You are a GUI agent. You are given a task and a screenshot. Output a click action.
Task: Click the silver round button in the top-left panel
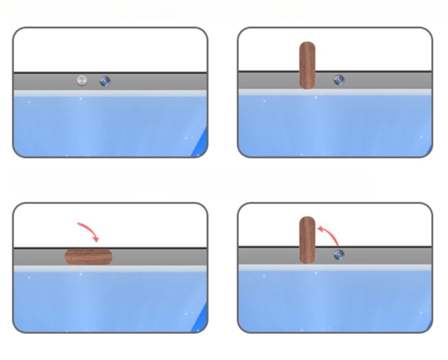(x=82, y=80)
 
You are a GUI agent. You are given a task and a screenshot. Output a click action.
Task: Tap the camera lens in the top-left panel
(x=105, y=81)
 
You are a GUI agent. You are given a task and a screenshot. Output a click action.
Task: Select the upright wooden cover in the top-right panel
(x=307, y=65)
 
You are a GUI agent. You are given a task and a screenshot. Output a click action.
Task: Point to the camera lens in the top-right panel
(x=339, y=80)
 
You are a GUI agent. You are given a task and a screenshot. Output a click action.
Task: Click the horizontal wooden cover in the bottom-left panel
(x=89, y=257)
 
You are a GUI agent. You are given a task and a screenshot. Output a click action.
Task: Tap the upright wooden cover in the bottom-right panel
(x=307, y=240)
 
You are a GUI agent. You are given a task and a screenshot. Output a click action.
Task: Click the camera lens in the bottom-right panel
(x=339, y=255)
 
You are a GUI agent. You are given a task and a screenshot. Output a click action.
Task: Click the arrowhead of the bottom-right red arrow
(x=320, y=228)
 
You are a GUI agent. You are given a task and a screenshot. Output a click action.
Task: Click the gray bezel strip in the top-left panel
(x=158, y=82)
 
